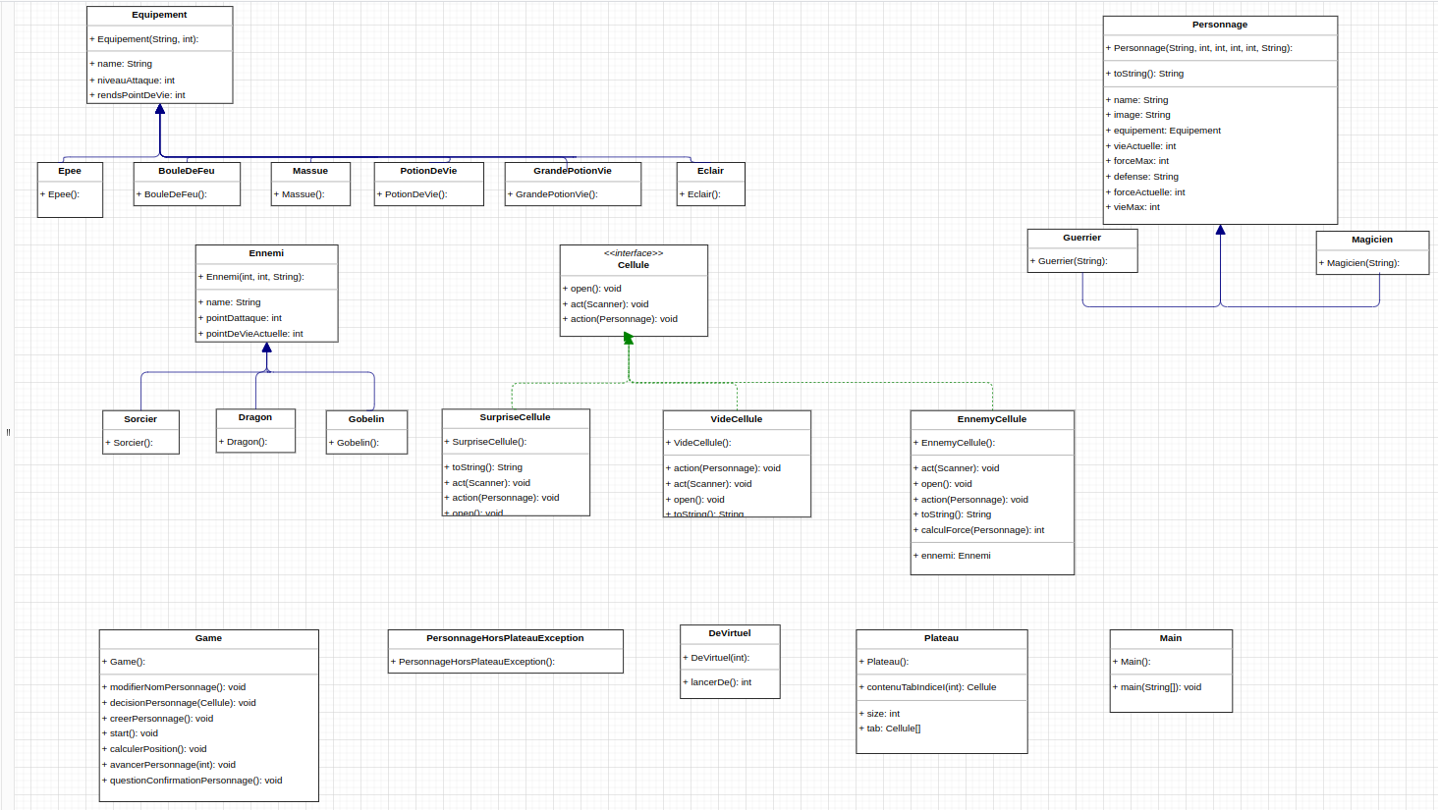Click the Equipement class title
(159, 16)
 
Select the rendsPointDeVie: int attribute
(140, 95)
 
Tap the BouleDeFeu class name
(186, 171)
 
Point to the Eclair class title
(710, 171)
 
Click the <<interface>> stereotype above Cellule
(633, 253)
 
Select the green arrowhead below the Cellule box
(629, 339)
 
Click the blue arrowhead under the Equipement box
(160, 110)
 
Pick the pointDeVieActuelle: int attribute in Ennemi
(253, 334)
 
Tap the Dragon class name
(254, 417)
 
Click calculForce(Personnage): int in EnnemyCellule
(982, 530)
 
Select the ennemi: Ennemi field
(955, 556)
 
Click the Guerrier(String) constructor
(1072, 261)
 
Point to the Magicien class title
(1371, 240)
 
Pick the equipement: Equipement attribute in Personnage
(1167, 131)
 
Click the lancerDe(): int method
(720, 682)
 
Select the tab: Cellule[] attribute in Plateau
(893, 729)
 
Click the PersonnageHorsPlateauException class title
(505, 638)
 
